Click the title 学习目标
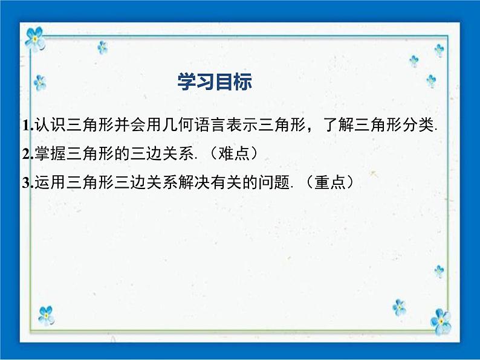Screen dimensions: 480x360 (215, 82)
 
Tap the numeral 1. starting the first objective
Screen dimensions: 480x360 (28, 126)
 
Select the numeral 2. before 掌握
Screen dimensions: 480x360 (28, 154)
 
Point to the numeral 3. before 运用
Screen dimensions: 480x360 (28, 183)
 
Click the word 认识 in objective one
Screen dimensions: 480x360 (50, 125)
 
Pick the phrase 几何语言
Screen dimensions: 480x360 (194, 125)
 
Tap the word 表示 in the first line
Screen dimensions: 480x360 (242, 125)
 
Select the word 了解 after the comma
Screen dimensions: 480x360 (338, 125)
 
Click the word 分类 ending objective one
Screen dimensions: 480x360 (418, 125)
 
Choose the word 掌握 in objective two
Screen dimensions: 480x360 (50, 153)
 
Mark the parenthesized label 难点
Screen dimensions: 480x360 (234, 153)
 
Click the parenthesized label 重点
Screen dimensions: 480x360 (330, 182)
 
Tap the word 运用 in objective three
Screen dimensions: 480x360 (50, 182)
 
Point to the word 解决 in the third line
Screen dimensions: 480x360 (194, 182)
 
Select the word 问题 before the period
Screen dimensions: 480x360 (274, 182)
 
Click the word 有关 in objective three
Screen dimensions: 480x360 (226, 182)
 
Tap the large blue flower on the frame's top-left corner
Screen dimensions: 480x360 (35, 39)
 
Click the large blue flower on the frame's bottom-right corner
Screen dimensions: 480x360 (441, 321)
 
